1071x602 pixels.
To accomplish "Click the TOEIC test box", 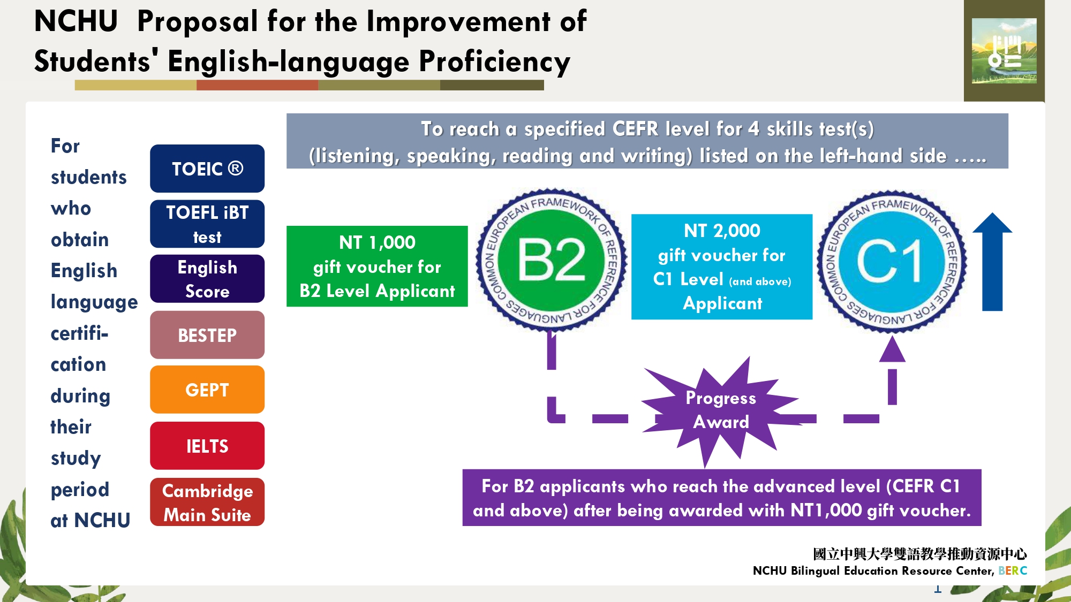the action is click(207, 169).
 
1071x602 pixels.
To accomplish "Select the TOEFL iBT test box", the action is click(207, 224).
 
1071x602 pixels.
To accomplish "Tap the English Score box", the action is click(207, 279).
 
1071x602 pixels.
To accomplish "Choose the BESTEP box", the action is click(207, 335).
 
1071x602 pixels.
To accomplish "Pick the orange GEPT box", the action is click(207, 390).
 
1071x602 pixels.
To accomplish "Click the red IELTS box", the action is click(207, 446).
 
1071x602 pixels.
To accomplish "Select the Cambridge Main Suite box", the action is click(207, 502).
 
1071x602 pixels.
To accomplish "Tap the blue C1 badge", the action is click(892, 261).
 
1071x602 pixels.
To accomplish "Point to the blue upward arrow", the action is click(992, 262).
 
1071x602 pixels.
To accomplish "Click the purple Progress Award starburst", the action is click(720, 411).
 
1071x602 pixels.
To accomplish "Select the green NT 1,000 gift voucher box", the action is click(377, 266).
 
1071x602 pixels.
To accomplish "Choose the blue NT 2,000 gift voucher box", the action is click(722, 266).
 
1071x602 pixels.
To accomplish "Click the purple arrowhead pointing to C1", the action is click(892, 349).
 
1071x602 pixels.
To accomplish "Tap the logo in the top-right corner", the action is click(1004, 51).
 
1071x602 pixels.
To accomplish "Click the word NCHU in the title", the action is click(76, 21).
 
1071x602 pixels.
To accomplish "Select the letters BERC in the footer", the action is click(1013, 570).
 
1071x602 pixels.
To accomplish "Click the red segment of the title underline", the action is click(257, 85).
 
